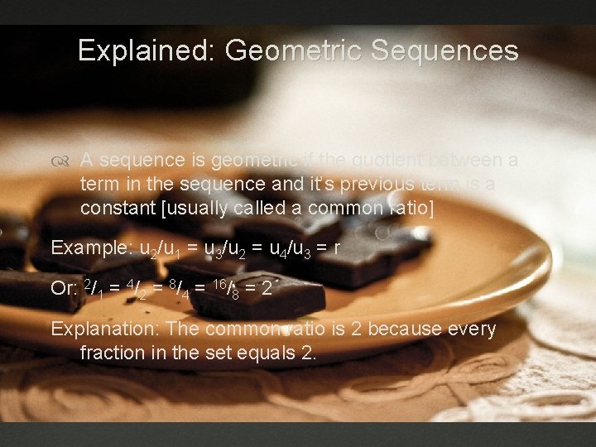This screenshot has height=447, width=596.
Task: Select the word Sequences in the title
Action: (445, 51)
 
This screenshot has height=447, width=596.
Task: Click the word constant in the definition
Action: (117, 207)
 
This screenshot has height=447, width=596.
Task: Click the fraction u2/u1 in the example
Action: (161, 248)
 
